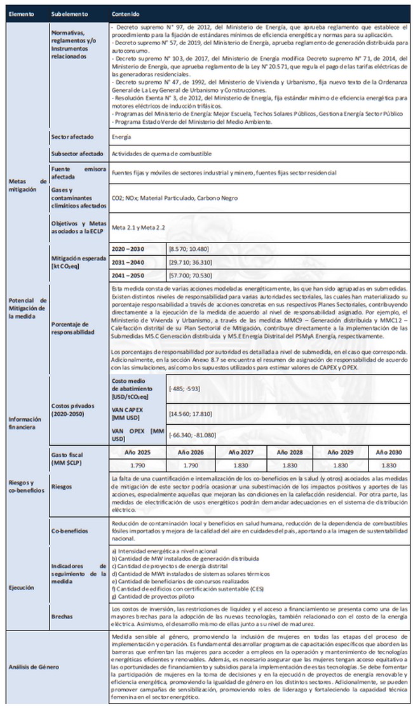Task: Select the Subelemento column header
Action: [71, 13]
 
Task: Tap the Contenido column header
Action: [126, 13]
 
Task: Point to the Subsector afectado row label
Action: [77, 154]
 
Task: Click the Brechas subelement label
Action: [62, 615]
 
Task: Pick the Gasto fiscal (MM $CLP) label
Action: [66, 460]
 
